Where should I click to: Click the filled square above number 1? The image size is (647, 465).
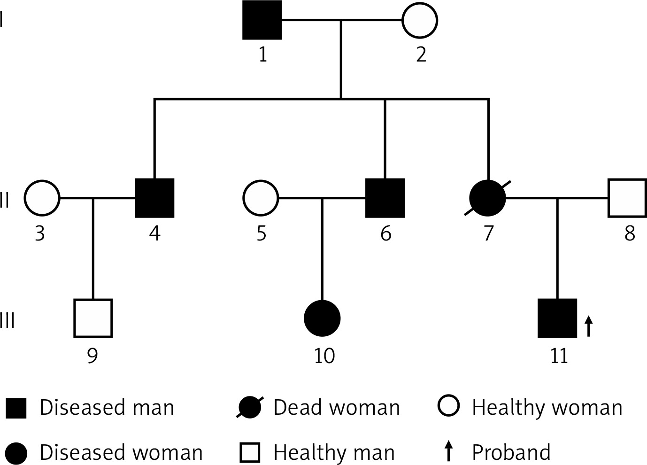point(262,20)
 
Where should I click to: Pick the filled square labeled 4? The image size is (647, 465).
point(155,198)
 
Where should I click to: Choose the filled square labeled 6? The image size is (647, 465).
point(385,198)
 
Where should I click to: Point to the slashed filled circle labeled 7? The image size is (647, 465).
point(487,198)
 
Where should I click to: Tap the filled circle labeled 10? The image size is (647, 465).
point(323,318)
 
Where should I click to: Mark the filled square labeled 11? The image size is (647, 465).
point(557,318)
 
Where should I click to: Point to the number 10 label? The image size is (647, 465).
point(324,356)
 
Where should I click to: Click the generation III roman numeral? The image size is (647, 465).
point(7,320)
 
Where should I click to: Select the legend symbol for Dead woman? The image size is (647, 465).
point(250,407)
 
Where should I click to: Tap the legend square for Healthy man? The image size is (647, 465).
point(250,452)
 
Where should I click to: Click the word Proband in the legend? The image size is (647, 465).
point(511,452)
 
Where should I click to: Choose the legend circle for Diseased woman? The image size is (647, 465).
point(16,453)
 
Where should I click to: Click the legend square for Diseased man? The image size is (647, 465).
point(16,408)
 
